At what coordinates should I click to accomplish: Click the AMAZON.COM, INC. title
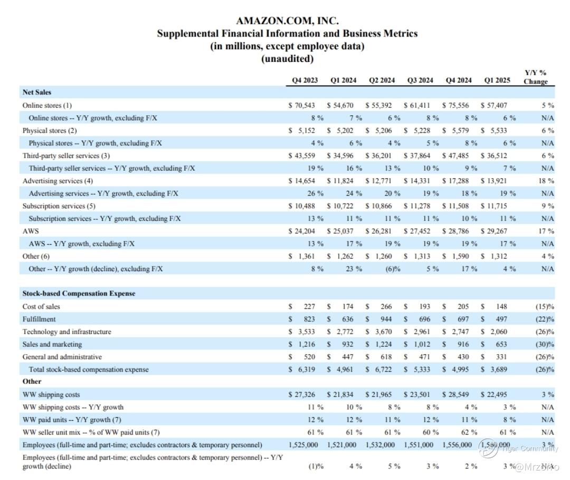(x=287, y=21)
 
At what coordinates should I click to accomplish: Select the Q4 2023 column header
(x=305, y=80)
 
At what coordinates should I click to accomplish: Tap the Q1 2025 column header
(x=497, y=80)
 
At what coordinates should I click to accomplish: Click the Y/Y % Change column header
(x=535, y=77)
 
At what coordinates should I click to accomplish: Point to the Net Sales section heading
(x=37, y=93)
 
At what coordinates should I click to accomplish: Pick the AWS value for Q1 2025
(x=496, y=231)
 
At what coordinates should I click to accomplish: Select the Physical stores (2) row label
(x=50, y=131)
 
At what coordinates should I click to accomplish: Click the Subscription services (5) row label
(x=59, y=206)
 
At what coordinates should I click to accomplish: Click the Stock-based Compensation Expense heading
(x=79, y=293)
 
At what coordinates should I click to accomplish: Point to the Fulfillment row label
(x=39, y=319)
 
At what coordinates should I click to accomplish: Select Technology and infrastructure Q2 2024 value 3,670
(x=381, y=332)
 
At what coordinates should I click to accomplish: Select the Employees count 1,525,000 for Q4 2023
(x=303, y=445)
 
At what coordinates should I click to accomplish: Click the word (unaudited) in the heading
(x=287, y=59)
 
